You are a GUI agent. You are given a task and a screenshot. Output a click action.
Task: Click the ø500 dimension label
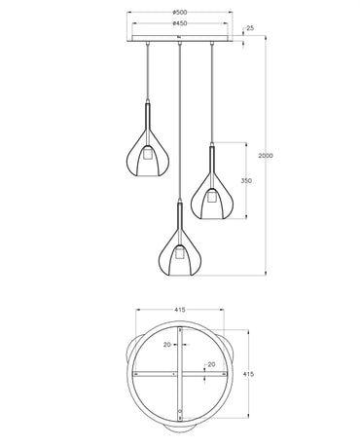point(180,12)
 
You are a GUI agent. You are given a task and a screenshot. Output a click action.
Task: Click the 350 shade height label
point(246,180)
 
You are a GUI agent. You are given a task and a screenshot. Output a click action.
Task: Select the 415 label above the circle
point(180,310)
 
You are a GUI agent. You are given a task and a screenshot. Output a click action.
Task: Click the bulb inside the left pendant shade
point(147,155)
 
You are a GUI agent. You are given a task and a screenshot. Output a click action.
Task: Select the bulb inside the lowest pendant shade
point(179,254)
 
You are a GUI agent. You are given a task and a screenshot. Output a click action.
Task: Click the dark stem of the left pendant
point(147,121)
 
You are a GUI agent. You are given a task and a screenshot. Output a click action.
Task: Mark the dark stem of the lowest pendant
point(179,217)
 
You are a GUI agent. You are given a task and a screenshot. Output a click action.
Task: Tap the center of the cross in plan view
point(180,375)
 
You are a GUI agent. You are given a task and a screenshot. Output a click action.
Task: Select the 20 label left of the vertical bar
point(167,345)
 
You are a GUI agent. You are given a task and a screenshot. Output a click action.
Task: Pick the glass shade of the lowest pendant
point(165,257)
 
